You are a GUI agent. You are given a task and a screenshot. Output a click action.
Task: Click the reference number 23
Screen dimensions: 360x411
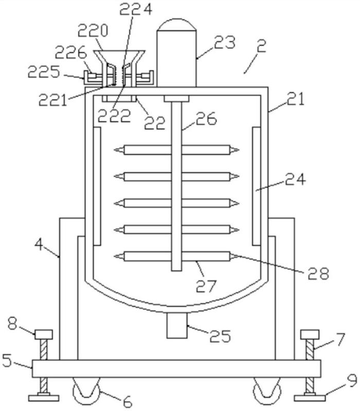[224, 42]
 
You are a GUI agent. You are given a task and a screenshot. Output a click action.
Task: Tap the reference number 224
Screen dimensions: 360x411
[136, 9]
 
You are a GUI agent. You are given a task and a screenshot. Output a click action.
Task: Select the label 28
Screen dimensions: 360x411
[318, 273]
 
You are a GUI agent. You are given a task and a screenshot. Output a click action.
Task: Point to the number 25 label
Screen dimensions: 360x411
[220, 336]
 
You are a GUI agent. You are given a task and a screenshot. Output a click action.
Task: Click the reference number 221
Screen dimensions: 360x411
[52, 100]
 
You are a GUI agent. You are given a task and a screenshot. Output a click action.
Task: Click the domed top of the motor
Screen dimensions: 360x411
[176, 24]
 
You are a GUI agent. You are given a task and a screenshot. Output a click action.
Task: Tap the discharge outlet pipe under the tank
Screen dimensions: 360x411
[177, 326]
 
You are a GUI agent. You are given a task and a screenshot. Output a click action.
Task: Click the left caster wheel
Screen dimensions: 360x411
[86, 391]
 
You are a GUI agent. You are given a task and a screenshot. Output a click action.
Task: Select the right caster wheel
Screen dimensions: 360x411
[266, 391]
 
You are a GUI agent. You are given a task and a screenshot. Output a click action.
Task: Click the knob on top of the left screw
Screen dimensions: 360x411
[44, 334]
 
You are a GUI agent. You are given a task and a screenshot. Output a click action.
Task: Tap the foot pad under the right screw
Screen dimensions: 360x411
[310, 398]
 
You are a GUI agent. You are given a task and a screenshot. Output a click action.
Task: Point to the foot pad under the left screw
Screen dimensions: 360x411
[44, 398]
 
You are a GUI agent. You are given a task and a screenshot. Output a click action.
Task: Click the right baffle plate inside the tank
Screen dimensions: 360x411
[256, 186]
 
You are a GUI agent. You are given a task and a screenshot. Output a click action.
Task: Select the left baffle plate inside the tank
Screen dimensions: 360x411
[97, 186]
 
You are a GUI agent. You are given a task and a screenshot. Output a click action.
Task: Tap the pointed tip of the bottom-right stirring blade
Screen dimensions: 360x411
[239, 256]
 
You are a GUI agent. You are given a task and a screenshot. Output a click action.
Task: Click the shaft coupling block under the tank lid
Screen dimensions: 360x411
[176, 99]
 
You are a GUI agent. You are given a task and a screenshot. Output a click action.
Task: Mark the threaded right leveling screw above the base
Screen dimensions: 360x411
[310, 350]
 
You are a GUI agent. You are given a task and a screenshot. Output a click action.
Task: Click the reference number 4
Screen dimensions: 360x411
[39, 245]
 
